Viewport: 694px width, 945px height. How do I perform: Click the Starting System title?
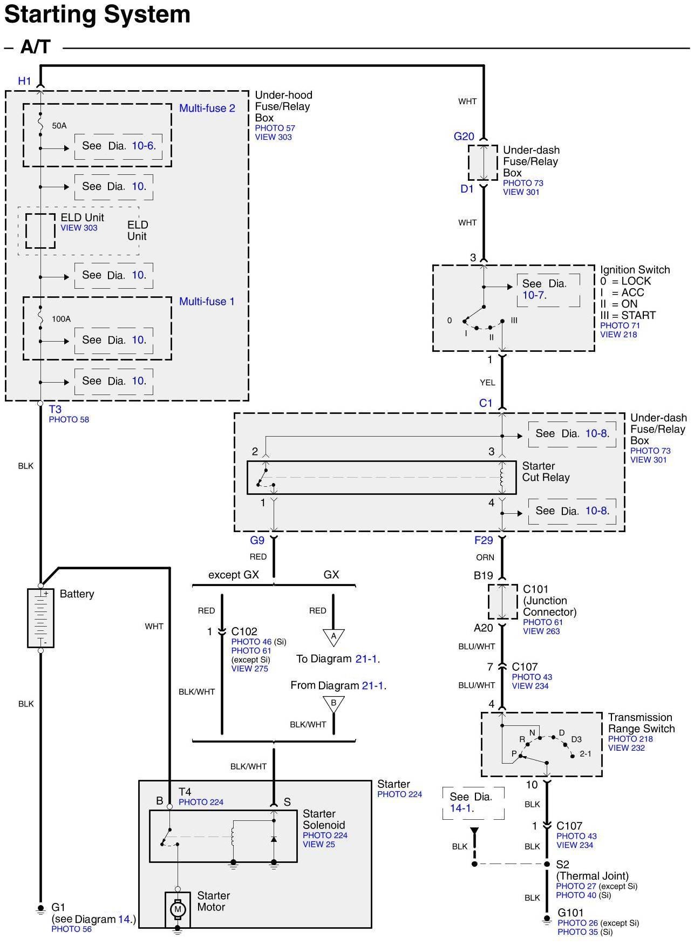[97, 15]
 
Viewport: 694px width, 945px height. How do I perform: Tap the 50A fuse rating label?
[59, 126]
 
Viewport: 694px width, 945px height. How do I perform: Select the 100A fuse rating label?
[61, 319]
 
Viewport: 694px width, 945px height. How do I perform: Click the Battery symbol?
[40, 618]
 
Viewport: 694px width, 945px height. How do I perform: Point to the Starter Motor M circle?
[178, 909]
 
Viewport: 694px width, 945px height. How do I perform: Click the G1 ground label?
[58, 907]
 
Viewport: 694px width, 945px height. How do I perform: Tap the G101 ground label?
[570, 913]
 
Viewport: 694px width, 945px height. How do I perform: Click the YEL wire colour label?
[487, 383]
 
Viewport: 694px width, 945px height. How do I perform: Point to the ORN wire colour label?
[485, 558]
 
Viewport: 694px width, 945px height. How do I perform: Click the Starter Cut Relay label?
[546, 472]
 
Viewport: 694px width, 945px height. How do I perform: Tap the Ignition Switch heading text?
[635, 270]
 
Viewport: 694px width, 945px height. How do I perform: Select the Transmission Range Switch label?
[641, 723]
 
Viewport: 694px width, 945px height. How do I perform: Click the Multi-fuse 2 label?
[207, 108]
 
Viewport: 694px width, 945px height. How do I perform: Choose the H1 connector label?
[25, 81]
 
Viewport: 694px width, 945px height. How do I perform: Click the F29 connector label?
[484, 541]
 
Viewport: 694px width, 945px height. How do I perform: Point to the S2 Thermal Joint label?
[591, 870]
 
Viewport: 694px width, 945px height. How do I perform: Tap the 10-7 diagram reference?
[533, 295]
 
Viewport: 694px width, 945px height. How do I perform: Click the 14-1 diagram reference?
[461, 808]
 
